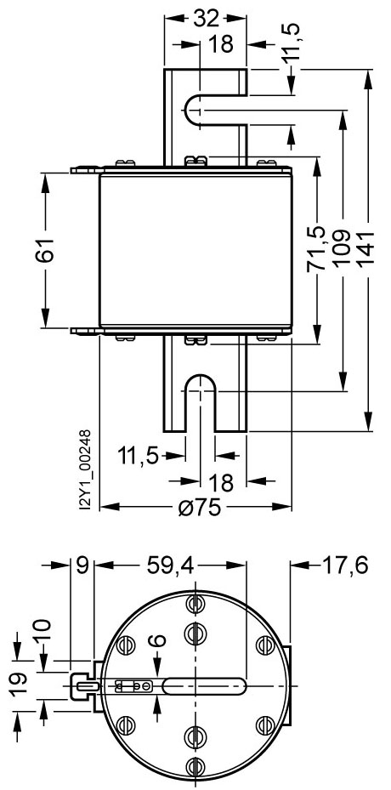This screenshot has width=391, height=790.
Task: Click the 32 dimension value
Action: point(206,19)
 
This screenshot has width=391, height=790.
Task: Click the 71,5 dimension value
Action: point(315,248)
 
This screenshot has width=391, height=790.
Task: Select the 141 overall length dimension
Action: point(367,249)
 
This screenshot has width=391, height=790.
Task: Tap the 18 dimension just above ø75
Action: point(221,483)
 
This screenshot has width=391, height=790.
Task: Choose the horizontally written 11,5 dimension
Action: point(139,455)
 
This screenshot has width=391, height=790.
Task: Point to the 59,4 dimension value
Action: point(168,564)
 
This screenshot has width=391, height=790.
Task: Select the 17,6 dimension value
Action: point(343,564)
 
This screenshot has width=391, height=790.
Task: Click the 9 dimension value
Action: point(82,564)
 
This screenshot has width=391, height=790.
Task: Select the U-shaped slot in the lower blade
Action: point(199,393)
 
